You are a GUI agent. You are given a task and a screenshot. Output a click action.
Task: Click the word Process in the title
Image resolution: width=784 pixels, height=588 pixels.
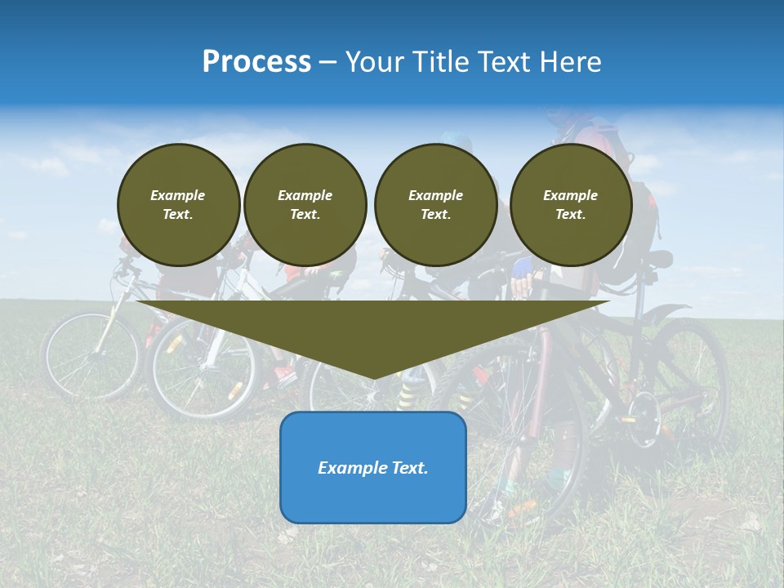pos(256,62)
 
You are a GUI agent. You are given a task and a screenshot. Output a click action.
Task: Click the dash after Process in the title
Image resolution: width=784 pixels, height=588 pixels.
pos(327,63)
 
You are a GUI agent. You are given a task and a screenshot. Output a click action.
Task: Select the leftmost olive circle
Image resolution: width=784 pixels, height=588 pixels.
pos(179,204)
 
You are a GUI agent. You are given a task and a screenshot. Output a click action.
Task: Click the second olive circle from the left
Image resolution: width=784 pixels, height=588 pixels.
pos(305,204)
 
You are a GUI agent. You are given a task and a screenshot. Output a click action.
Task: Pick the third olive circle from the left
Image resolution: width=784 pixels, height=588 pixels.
pos(436,204)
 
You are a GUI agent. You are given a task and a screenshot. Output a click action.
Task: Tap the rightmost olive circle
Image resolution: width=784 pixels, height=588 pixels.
pos(571,204)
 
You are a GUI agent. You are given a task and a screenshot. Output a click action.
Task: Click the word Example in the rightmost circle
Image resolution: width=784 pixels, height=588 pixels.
pos(571,195)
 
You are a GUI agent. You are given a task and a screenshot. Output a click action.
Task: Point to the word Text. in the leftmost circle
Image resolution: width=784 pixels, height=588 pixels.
pos(178,214)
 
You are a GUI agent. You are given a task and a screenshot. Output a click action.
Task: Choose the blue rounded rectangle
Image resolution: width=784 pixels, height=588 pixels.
pos(373,467)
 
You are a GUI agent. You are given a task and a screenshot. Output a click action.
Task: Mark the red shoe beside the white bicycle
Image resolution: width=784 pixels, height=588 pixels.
pos(283,375)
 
